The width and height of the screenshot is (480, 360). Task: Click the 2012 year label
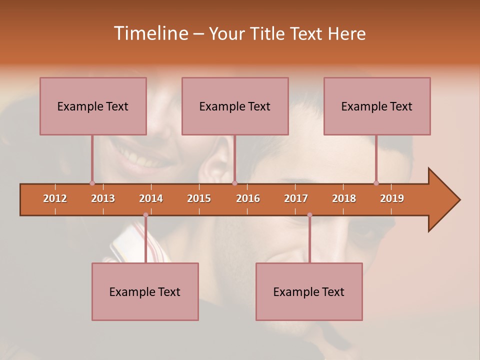tap(55, 198)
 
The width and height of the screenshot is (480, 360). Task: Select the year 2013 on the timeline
tap(103, 198)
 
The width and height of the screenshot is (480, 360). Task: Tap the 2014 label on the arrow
tap(151, 198)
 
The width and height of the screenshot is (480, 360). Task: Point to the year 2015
tap(199, 198)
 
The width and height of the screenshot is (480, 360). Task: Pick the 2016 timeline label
tap(248, 198)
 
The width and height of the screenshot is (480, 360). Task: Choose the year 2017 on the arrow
tap(296, 198)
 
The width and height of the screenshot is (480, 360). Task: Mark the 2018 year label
tap(344, 198)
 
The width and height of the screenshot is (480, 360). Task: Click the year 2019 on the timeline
tap(392, 198)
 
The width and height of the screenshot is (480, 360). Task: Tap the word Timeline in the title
tap(150, 33)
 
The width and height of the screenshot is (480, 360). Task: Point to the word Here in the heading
tap(346, 33)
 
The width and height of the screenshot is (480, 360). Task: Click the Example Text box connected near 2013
tap(93, 106)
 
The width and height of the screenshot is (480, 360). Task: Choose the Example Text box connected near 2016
tap(235, 106)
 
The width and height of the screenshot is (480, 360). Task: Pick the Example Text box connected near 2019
tap(377, 106)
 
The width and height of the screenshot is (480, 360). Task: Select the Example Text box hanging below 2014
tap(145, 291)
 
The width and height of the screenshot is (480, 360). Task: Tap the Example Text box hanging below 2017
tap(309, 291)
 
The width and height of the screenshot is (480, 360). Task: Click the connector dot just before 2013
tap(92, 183)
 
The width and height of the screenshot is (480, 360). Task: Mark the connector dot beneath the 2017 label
tap(309, 215)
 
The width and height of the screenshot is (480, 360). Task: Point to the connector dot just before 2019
tap(376, 183)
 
